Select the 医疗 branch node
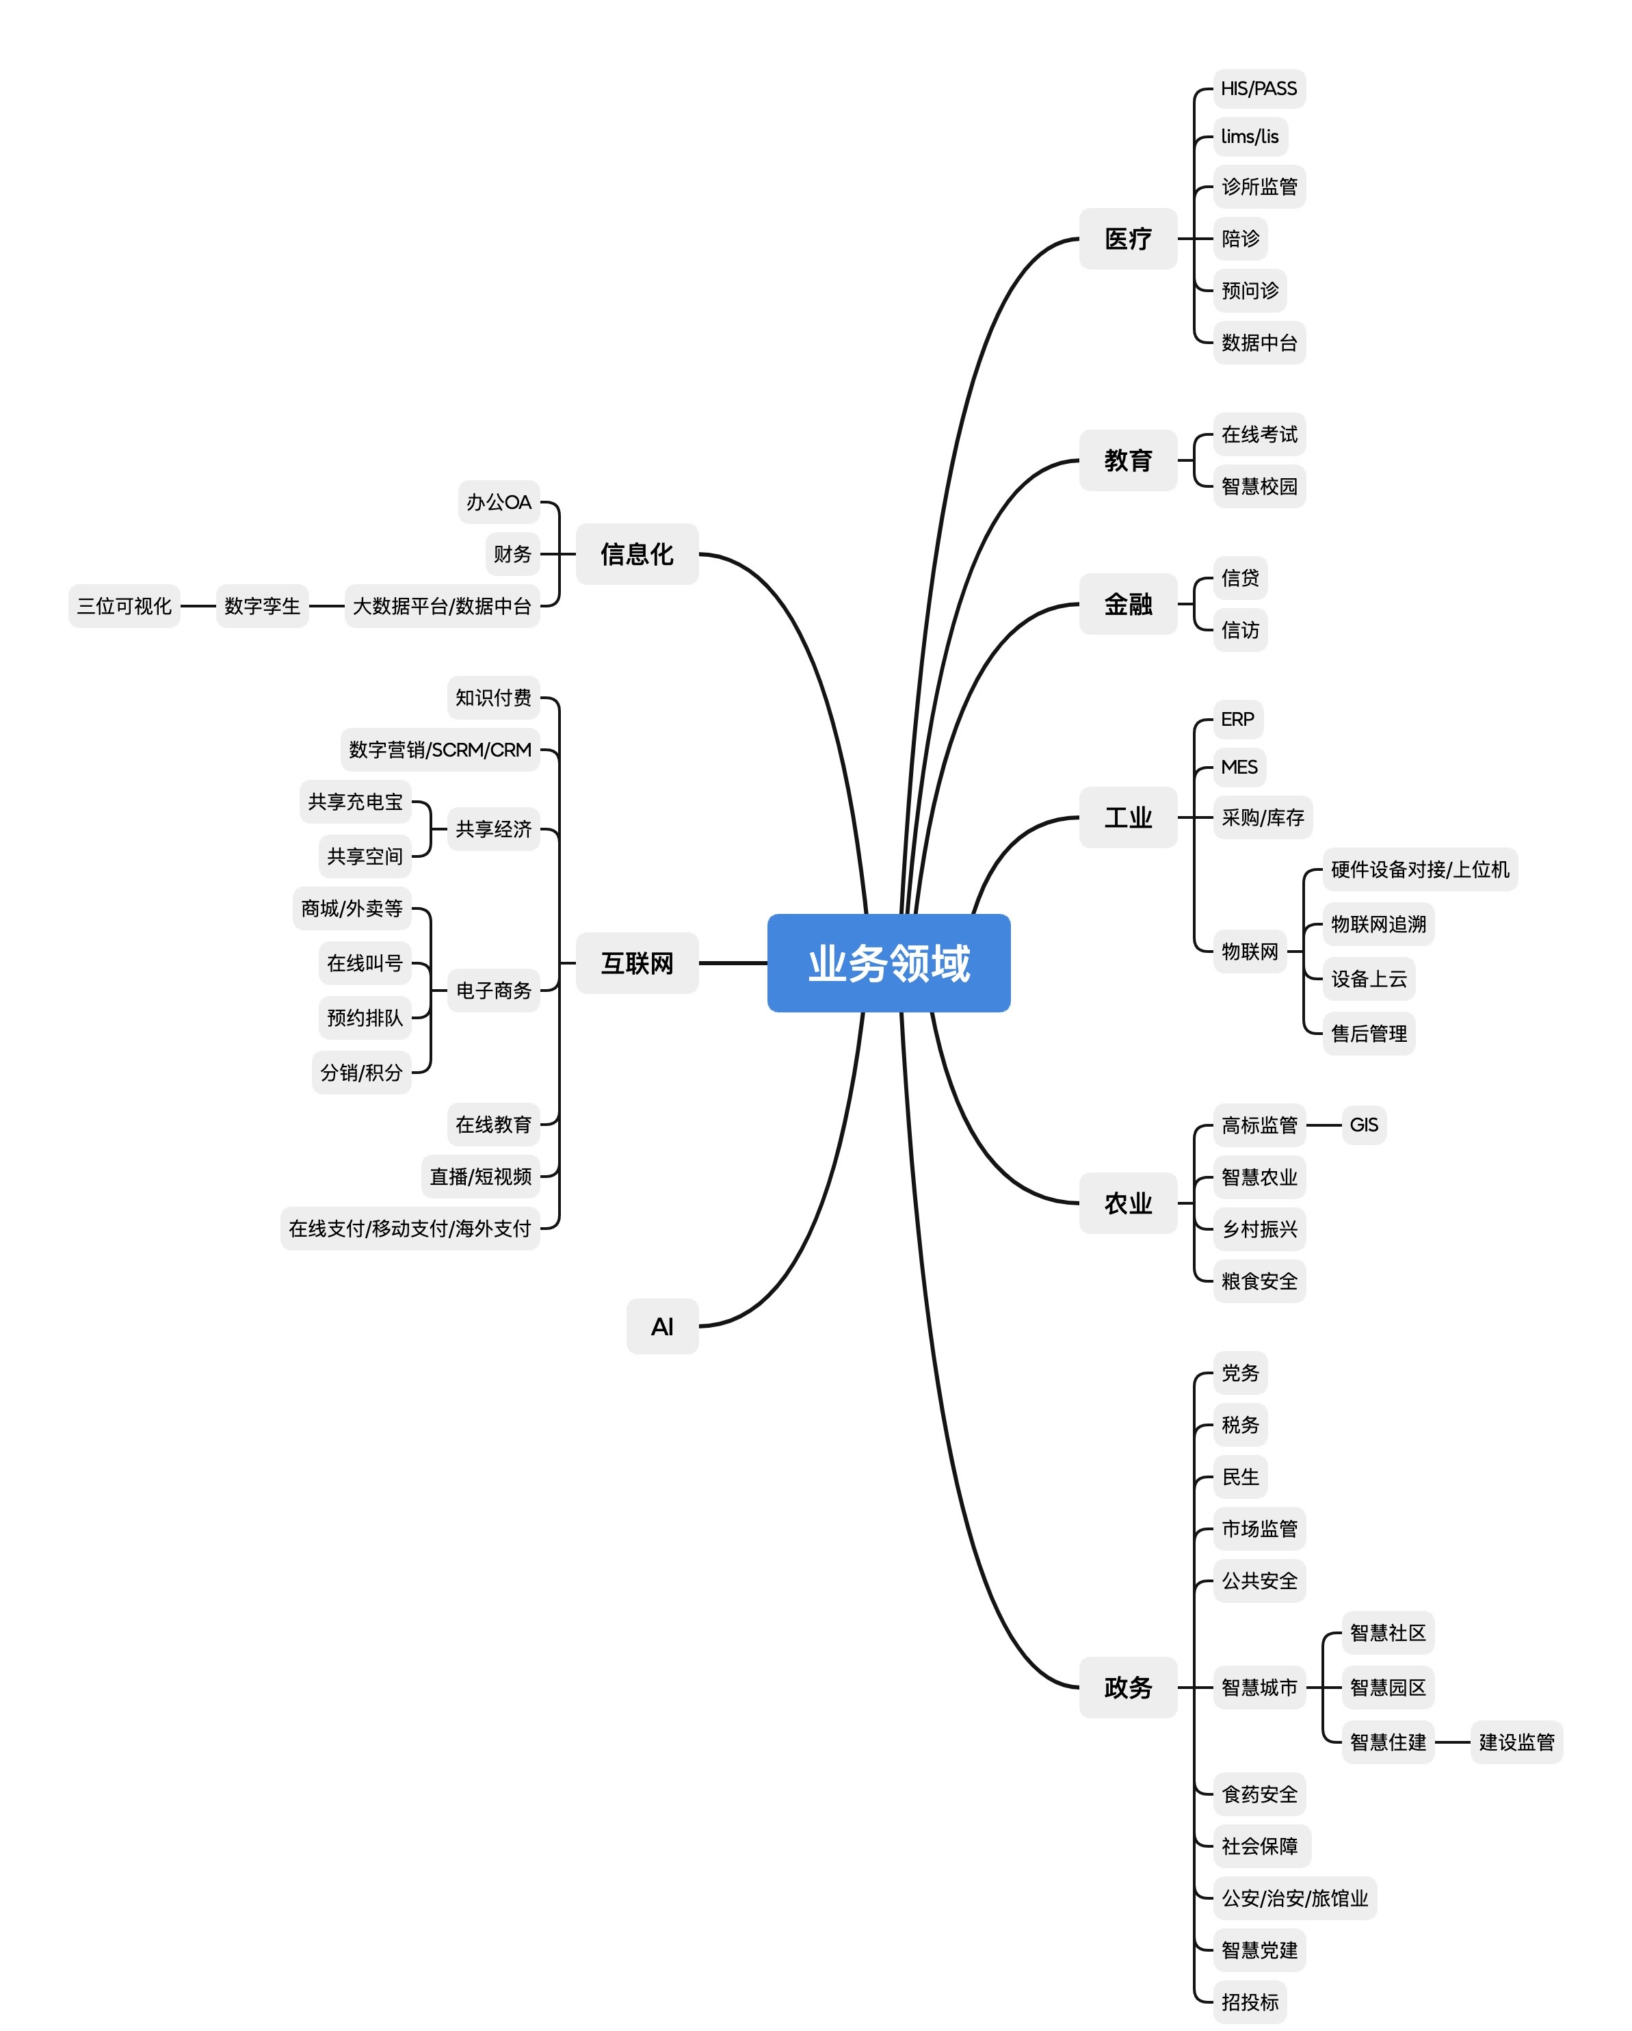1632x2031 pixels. pos(1127,238)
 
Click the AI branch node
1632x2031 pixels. pos(662,1326)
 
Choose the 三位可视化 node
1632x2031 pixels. pos(124,605)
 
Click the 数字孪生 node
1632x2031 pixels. pos(262,605)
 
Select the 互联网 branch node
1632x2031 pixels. pos(637,962)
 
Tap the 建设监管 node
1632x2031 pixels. pos(1516,1742)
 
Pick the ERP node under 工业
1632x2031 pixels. pos(1237,720)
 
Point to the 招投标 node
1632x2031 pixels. pos(1250,2002)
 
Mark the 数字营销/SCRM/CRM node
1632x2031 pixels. pos(440,750)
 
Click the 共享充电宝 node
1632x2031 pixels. pos(355,802)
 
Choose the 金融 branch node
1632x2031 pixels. pos(1127,604)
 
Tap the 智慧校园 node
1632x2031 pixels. pos(1259,486)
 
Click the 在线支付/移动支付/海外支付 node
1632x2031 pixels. pos(410,1229)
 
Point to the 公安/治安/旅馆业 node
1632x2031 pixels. pos(1294,1898)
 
